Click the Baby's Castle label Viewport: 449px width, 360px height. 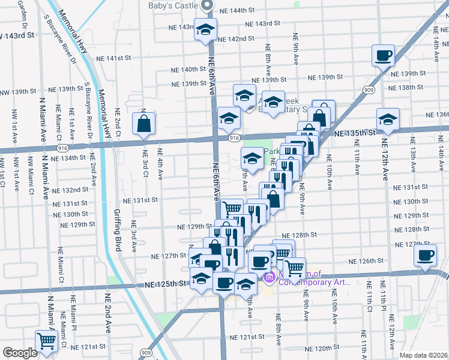pos(174,5)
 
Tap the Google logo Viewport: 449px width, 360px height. pos(19,353)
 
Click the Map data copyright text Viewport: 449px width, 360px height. pos(424,355)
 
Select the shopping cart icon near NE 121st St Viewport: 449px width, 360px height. pos(46,341)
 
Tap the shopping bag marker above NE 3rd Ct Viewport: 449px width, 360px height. pos(144,125)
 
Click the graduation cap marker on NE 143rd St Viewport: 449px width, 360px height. pos(205,29)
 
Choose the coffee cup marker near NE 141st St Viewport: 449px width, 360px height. pos(383,56)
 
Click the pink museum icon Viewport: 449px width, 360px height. pos(268,277)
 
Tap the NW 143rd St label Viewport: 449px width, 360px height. pos(18,36)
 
